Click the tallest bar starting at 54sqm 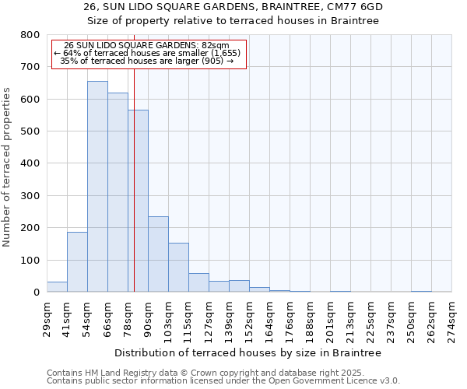97,187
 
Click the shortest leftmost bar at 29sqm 57,287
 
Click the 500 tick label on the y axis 30,131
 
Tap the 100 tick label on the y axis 30,260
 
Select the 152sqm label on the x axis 249,318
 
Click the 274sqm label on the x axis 451,318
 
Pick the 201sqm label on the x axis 330,318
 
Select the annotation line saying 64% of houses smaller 148,53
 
